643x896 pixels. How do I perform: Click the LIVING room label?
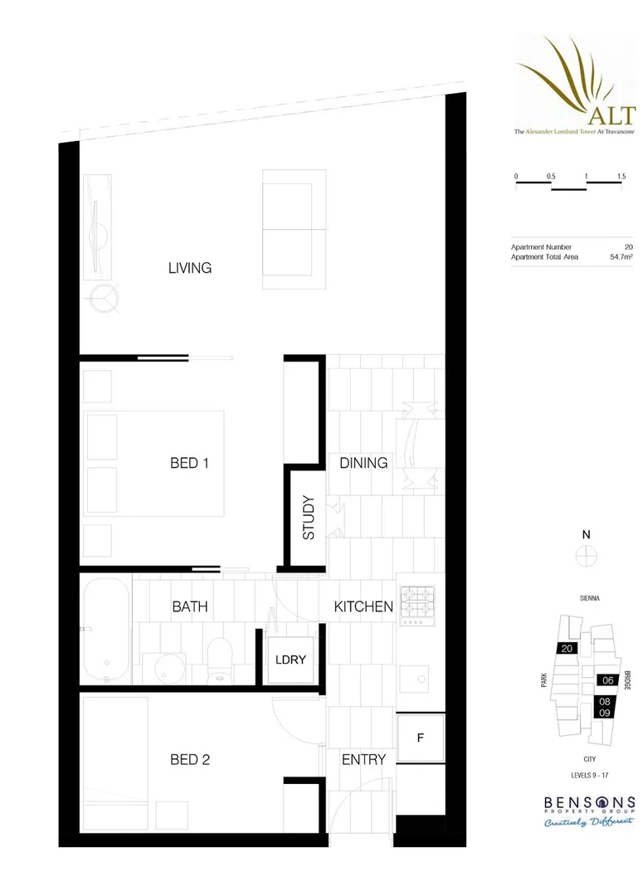pyautogui.click(x=190, y=268)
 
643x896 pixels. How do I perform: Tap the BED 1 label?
pyautogui.click(x=189, y=463)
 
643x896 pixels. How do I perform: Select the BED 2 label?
pyautogui.click(x=189, y=759)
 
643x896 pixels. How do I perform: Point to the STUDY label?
pyautogui.click(x=309, y=518)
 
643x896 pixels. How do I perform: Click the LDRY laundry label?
pyautogui.click(x=291, y=660)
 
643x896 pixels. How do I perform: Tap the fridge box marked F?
pyautogui.click(x=420, y=738)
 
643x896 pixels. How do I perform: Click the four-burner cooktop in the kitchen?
pyautogui.click(x=418, y=606)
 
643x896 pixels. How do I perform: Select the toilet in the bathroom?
pyautogui.click(x=221, y=660)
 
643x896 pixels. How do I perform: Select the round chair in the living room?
pyautogui.click(x=105, y=296)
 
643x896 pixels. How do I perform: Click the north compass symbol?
pyautogui.click(x=587, y=555)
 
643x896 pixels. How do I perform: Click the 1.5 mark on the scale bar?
pyautogui.click(x=621, y=178)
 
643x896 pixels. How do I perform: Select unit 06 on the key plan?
pyautogui.click(x=607, y=679)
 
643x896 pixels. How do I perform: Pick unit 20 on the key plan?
pyautogui.click(x=567, y=649)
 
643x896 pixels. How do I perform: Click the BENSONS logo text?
pyautogui.click(x=590, y=803)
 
